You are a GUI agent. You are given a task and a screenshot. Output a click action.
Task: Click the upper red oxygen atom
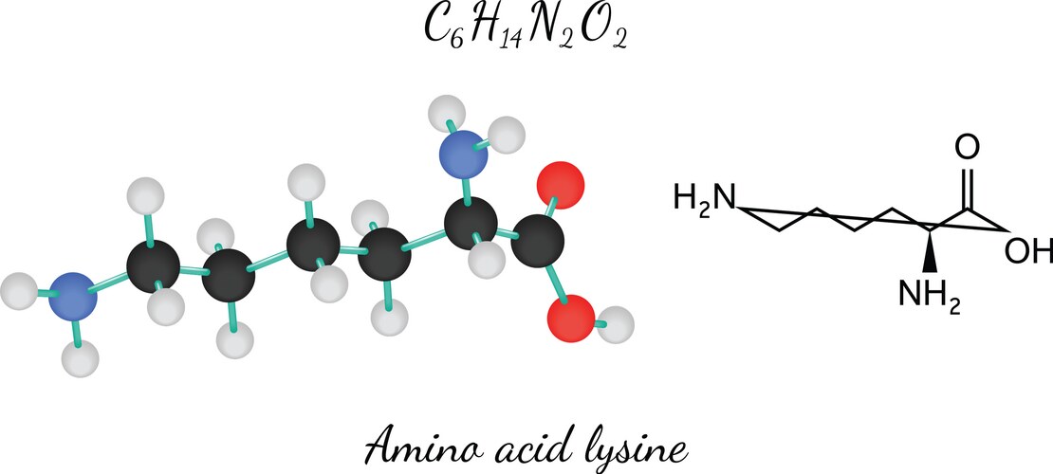click(x=561, y=185)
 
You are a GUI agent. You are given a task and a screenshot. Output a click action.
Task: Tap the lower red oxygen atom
click(x=571, y=317)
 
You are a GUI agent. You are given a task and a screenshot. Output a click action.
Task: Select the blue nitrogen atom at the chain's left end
click(x=73, y=296)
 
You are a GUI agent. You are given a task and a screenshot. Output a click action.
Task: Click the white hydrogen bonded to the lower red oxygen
click(x=616, y=325)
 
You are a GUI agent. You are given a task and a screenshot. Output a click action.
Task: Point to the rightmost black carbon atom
click(x=537, y=241)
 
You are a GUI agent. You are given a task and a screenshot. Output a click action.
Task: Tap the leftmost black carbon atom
click(x=153, y=268)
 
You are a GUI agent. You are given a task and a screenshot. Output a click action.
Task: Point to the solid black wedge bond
click(x=931, y=252)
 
